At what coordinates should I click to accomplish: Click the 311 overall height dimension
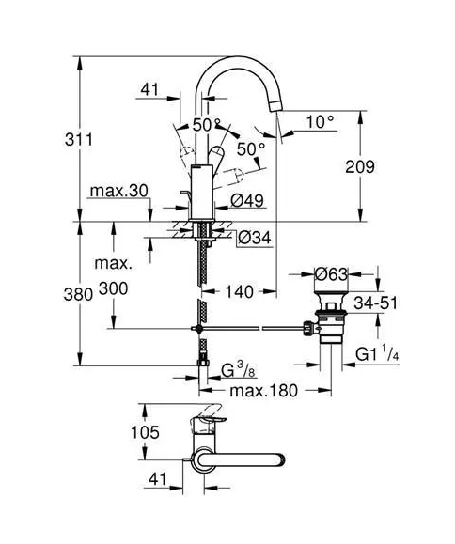79,140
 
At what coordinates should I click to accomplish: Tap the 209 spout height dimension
360,167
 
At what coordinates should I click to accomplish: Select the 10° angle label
320,122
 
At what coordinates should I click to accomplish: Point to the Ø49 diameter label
247,200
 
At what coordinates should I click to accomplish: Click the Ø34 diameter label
255,238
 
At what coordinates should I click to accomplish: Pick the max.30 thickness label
118,191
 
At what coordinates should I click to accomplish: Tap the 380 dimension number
78,295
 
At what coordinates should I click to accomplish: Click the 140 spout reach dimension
240,292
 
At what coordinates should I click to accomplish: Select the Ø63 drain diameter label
331,274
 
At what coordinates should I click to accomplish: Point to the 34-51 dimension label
375,303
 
